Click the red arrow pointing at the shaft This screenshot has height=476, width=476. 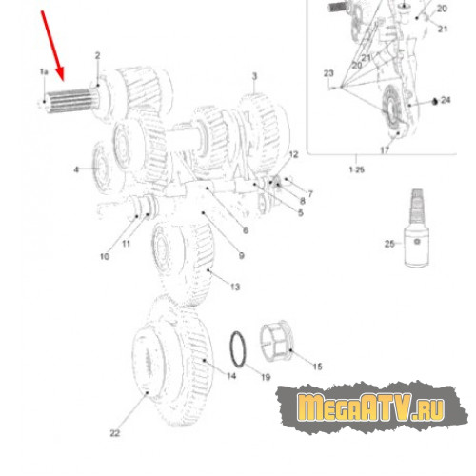pos(52,46)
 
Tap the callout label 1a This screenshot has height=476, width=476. pos(44,72)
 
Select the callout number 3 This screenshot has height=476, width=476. pos(254,76)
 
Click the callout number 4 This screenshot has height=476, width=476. pos(76,169)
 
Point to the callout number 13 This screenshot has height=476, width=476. pos(235,287)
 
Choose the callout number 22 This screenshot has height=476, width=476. pos(115,433)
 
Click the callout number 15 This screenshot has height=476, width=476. pos(317,367)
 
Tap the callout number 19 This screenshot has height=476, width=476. pos(266,377)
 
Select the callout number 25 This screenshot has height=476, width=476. pos(389,244)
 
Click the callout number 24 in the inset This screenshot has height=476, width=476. pos(446,100)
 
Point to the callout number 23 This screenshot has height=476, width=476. pos(328,73)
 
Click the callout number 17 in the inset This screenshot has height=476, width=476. pos(385,150)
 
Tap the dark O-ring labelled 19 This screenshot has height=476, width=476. pos(238,349)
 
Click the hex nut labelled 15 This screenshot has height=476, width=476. pos(277,342)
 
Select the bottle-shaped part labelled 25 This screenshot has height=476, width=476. pos(416,228)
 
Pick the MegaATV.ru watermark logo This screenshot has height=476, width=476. pos(371,407)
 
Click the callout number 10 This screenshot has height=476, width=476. pos(105,256)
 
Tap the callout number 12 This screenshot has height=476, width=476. pos(293,154)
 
